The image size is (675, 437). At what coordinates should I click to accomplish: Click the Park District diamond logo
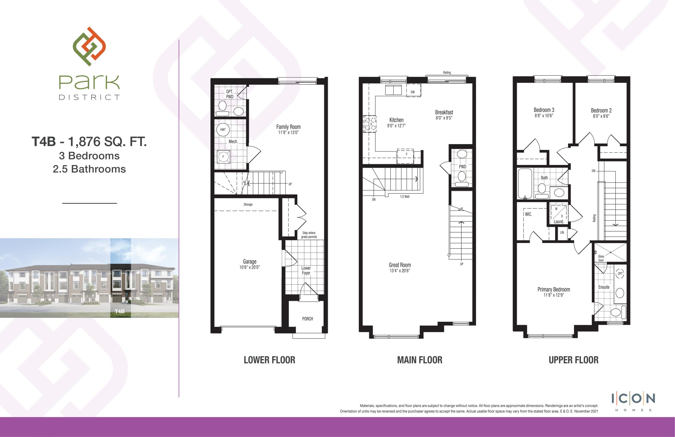click(x=89, y=46)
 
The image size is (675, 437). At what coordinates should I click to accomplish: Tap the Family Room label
click(x=288, y=127)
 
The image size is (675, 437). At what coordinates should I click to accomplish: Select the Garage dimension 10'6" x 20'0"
click(x=249, y=267)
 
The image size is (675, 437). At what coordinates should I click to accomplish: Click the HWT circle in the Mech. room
click(x=223, y=130)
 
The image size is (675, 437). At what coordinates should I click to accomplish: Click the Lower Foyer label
click(x=306, y=270)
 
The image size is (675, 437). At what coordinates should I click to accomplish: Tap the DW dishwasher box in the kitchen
click(x=413, y=91)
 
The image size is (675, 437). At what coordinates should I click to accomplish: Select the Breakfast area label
click(x=444, y=112)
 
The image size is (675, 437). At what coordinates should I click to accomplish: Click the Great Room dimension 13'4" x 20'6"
click(x=400, y=271)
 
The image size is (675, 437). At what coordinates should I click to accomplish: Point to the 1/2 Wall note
click(x=404, y=197)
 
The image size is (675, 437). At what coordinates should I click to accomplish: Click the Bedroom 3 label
click(x=544, y=110)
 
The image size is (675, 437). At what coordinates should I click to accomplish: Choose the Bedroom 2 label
click(x=601, y=110)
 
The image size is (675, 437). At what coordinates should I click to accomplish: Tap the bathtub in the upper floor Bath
click(x=525, y=183)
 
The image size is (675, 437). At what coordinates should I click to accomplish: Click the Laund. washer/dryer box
click(x=559, y=215)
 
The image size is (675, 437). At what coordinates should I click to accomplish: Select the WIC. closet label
click(x=528, y=214)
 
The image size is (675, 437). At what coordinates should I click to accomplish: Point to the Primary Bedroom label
click(x=554, y=289)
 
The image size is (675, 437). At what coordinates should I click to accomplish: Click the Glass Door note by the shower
click(x=601, y=258)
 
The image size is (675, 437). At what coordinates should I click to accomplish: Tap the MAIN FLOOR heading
click(x=420, y=360)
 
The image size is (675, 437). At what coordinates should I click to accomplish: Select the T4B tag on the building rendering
click(x=120, y=311)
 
